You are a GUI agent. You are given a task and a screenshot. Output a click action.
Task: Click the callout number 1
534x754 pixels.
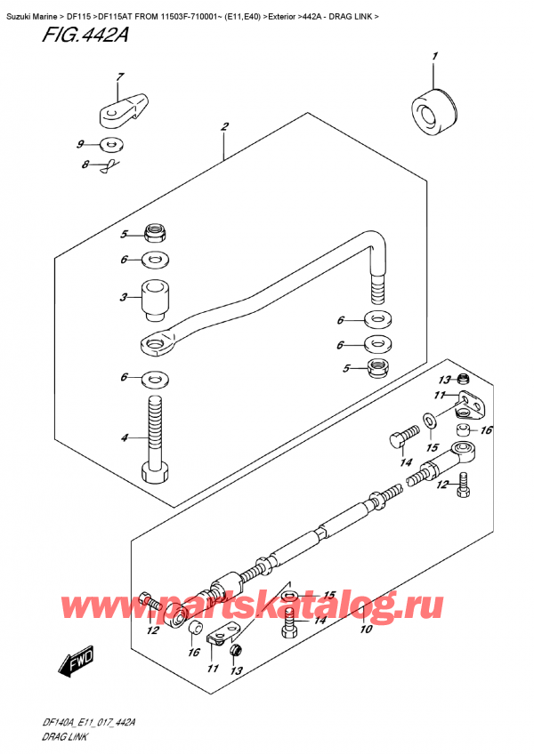tap(435, 58)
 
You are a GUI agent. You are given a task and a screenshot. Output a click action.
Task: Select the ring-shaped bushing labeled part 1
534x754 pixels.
tap(431, 110)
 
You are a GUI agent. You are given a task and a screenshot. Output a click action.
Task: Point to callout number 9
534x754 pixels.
tap(80, 144)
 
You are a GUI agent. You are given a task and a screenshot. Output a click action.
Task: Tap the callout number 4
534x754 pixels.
tap(124, 438)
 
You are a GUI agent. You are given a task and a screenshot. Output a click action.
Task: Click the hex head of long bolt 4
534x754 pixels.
tap(154, 472)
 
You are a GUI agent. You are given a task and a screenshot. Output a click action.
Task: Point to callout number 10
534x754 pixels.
tap(364, 630)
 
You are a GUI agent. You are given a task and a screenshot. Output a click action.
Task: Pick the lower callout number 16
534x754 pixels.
tap(192, 654)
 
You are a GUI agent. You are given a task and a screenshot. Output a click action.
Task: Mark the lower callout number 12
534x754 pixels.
tap(153, 630)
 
